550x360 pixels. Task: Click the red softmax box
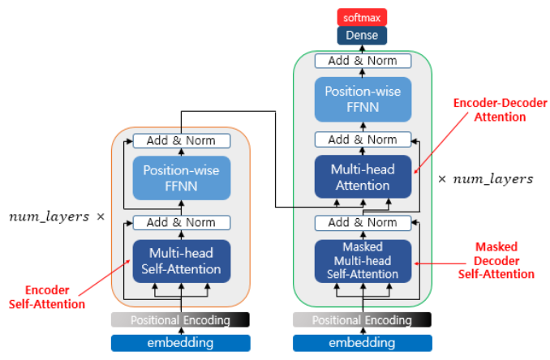click(x=362, y=17)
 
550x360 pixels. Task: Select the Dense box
click(x=362, y=36)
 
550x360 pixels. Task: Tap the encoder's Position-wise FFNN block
click(x=182, y=178)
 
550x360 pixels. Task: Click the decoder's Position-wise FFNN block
click(x=363, y=99)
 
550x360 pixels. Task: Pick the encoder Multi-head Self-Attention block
click(x=182, y=261)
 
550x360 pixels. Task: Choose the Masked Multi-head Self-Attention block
click(x=363, y=261)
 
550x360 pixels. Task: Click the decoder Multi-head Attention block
click(x=363, y=177)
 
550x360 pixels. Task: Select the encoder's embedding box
click(x=181, y=343)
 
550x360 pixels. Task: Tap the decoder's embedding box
click(x=363, y=343)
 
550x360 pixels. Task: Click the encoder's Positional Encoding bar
click(x=180, y=319)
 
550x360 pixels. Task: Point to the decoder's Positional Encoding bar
click(x=362, y=319)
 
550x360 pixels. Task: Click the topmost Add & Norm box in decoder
click(x=363, y=61)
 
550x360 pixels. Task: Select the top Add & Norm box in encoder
click(x=182, y=141)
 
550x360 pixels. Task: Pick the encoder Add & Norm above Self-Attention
click(x=182, y=223)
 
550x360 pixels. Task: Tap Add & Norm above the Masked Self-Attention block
click(x=363, y=223)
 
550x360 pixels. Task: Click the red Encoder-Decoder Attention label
click(x=501, y=109)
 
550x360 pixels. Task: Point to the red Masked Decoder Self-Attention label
click(x=496, y=260)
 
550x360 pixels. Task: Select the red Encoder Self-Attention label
click(x=47, y=298)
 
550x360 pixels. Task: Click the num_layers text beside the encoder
click(x=49, y=217)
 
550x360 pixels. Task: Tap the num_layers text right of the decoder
click(x=493, y=179)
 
